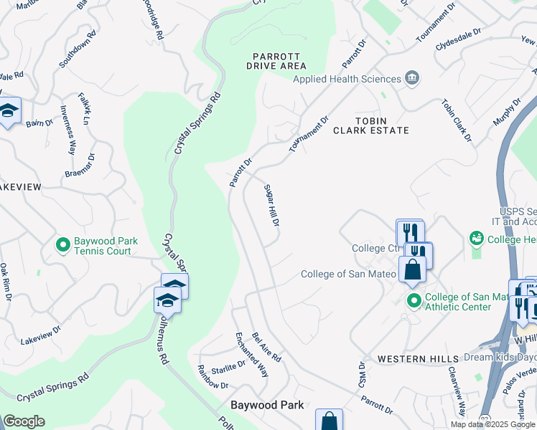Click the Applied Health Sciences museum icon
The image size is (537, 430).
412,78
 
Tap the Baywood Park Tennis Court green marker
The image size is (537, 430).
63,246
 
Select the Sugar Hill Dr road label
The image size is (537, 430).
271,204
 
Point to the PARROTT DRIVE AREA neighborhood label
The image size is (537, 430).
276,61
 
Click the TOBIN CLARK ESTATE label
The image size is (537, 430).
381,125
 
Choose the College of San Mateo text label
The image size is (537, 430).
348,274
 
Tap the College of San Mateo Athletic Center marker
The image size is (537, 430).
413,300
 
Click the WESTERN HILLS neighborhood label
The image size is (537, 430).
418,358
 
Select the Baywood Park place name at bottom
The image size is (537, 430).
267,405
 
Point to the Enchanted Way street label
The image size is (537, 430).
252,355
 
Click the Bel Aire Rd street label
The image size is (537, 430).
266,347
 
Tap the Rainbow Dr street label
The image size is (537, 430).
213,377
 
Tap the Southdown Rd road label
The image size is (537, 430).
78,49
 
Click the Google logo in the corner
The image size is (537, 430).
23,421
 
